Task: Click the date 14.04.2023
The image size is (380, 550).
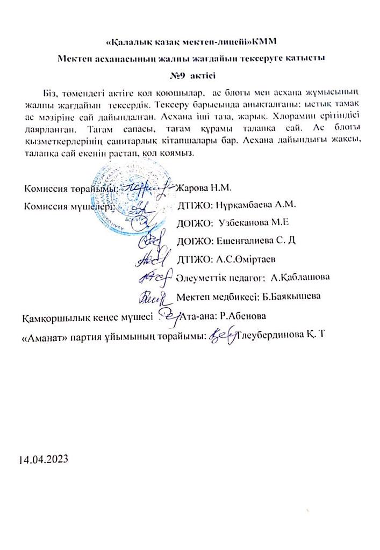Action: tap(44, 460)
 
